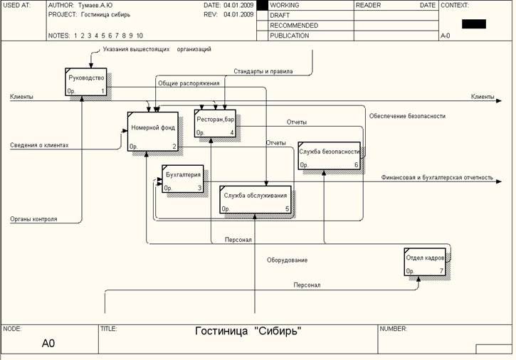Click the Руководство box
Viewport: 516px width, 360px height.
click(x=85, y=82)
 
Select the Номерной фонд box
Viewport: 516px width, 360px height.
click(x=153, y=132)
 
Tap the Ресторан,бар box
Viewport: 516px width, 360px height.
click(x=215, y=122)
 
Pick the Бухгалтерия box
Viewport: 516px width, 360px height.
click(x=183, y=179)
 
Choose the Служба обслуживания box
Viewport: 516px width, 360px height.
click(x=256, y=198)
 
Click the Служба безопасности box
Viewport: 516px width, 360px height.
click(x=329, y=155)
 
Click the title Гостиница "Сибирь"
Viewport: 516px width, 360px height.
click(x=248, y=331)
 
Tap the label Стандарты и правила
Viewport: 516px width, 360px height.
click(x=263, y=71)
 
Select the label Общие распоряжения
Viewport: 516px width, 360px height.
click(x=189, y=83)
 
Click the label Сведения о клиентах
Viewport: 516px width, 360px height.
click(x=39, y=145)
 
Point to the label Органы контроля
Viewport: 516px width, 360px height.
click(x=33, y=219)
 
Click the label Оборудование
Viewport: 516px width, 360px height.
click(x=287, y=260)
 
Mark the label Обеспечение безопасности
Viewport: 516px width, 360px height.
click(x=407, y=116)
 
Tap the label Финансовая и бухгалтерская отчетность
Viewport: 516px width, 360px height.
click(x=436, y=178)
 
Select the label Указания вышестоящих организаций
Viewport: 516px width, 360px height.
click(x=157, y=50)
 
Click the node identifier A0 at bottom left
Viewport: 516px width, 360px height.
click(x=48, y=344)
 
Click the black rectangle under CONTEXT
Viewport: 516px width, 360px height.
click(x=473, y=23)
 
